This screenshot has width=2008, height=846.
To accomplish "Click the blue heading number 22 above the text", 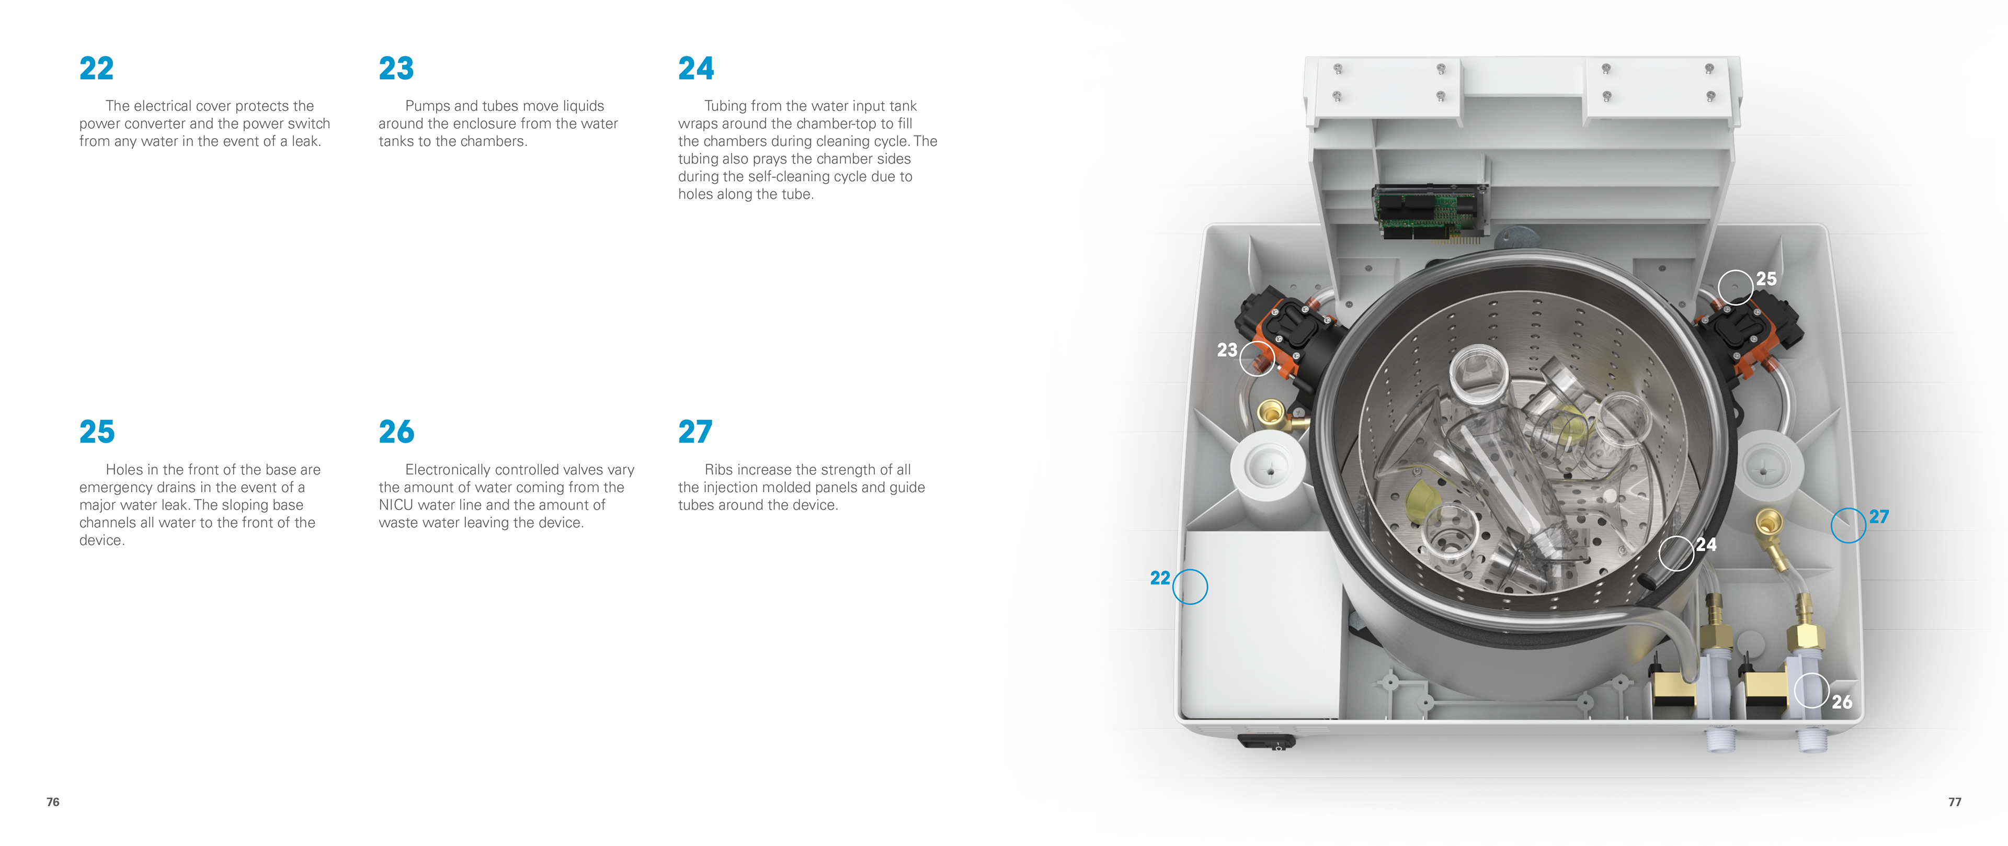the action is (97, 69).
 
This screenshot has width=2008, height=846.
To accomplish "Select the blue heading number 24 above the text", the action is (696, 69).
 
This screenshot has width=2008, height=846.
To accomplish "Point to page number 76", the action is (53, 802).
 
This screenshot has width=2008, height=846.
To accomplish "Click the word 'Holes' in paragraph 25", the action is (125, 469).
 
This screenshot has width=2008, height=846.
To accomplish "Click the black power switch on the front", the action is (1267, 741).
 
